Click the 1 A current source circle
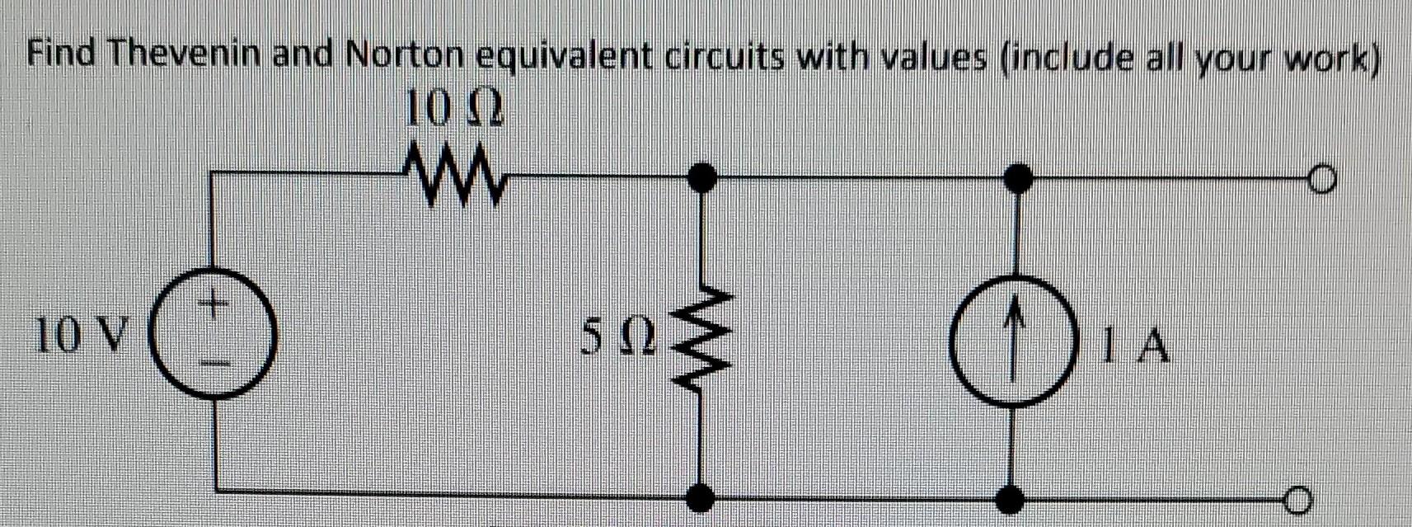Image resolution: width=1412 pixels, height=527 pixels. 1016,340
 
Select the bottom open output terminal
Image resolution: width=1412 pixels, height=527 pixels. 1295,499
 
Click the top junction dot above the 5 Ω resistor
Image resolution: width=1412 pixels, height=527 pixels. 701,176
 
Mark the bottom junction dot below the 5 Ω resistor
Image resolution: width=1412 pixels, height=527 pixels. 701,496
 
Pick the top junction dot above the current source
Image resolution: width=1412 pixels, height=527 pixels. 1019,176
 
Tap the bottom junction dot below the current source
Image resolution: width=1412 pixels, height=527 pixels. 1011,498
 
